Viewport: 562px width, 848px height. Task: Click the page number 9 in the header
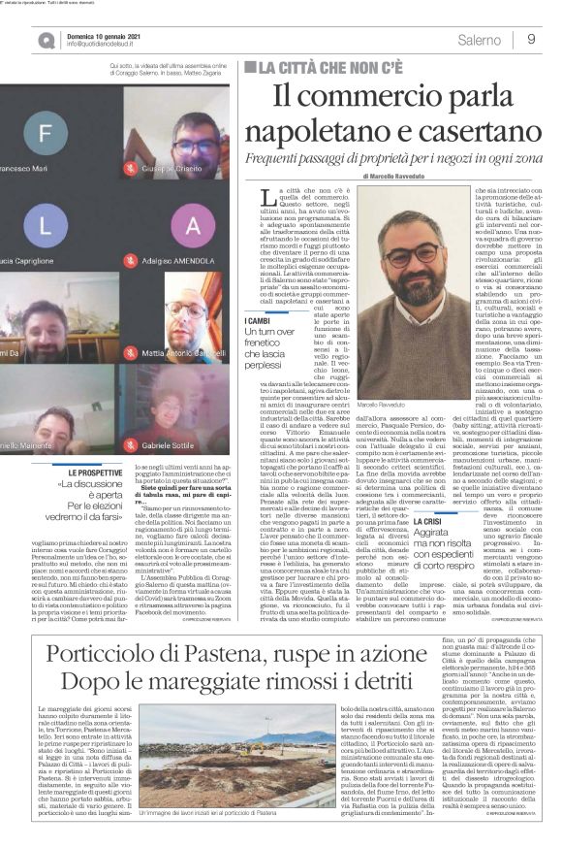coord(532,39)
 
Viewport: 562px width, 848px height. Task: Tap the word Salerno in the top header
coord(480,39)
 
